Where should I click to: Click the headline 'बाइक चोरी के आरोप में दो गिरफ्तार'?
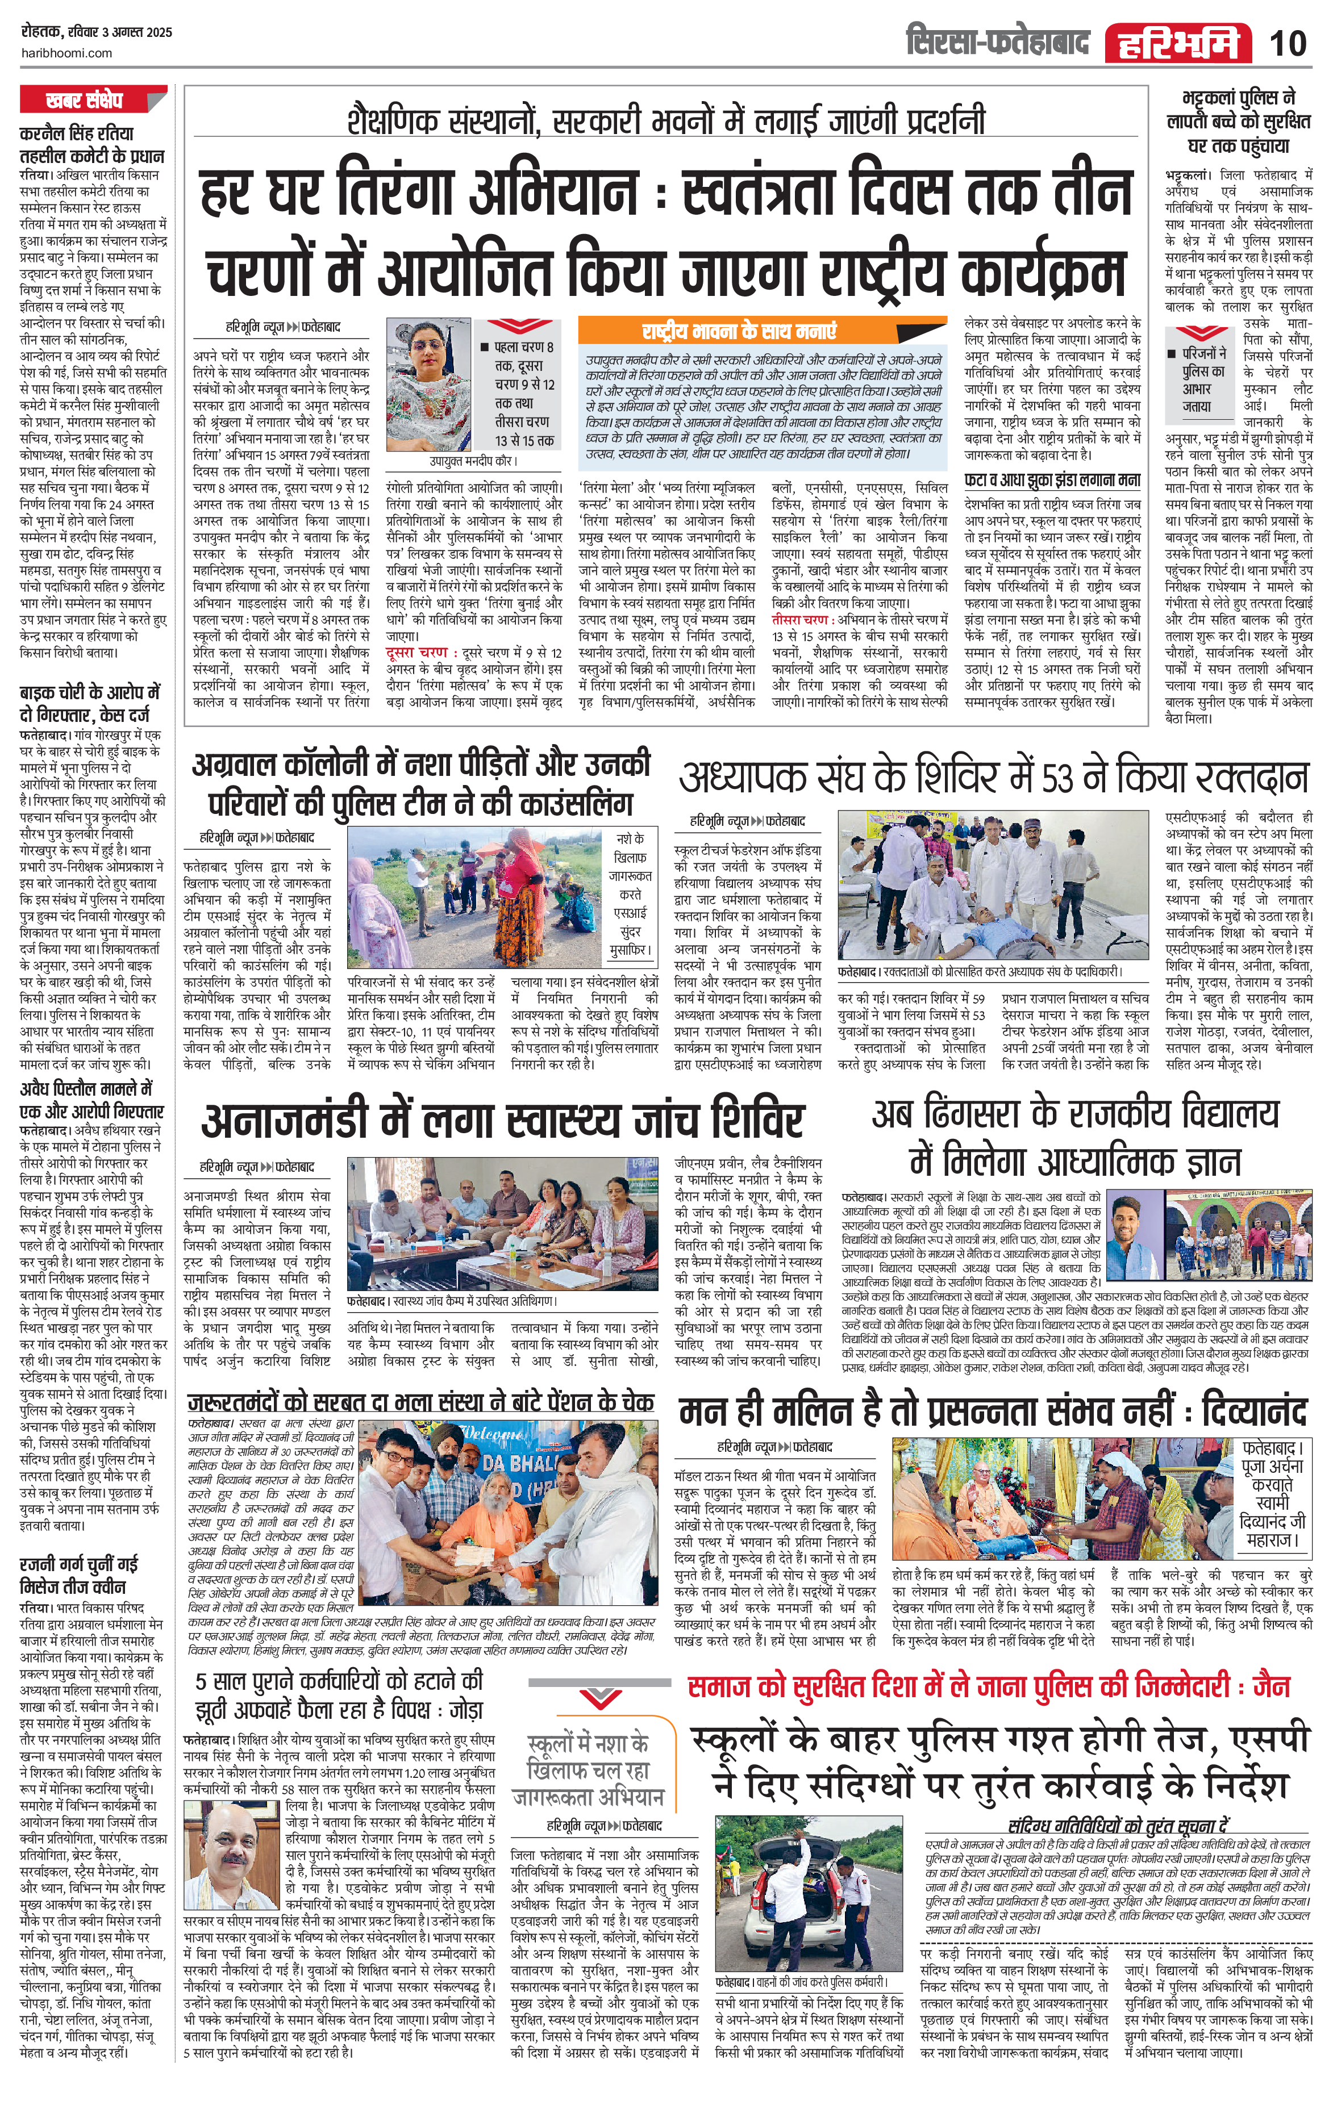(x=90, y=703)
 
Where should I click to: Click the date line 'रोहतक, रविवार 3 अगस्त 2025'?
(x=97, y=32)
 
